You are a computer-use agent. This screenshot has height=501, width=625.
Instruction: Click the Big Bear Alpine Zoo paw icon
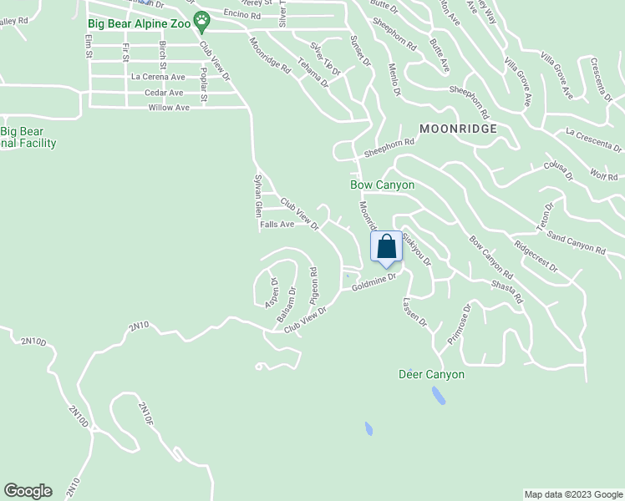[202, 23]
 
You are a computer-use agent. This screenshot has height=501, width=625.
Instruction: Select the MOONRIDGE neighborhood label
[458, 129]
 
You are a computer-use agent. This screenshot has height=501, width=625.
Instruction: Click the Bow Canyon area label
[382, 185]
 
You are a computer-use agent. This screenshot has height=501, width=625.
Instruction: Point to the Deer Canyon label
[431, 374]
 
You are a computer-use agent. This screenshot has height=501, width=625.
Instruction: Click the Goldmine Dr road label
[373, 286]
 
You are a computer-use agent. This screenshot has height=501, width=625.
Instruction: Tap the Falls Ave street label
[277, 224]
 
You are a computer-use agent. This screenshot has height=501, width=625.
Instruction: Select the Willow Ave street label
[165, 107]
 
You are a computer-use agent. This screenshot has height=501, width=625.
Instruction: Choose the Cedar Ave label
[164, 93]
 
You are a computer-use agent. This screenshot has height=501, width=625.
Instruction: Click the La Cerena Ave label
[157, 76]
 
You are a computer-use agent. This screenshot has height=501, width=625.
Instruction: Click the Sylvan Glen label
[258, 197]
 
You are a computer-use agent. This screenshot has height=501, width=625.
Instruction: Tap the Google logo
[28, 491]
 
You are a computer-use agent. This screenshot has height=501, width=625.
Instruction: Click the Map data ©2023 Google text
[572, 494]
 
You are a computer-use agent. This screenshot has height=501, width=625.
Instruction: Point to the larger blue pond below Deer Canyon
[439, 395]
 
